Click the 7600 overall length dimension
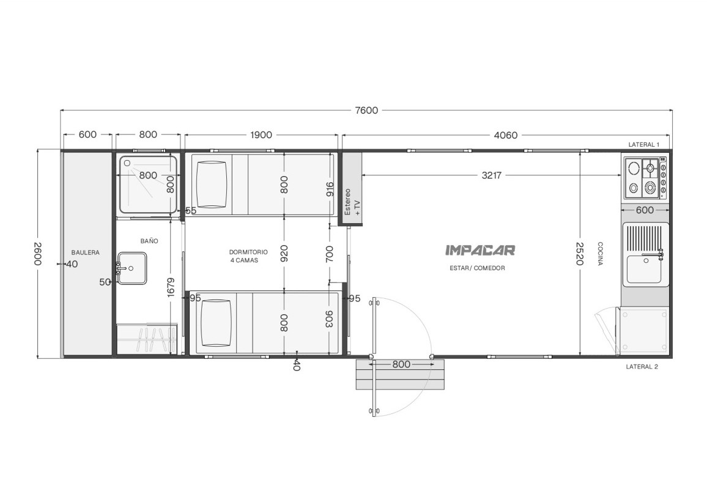click(x=366, y=111)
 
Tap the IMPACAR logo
click(x=480, y=250)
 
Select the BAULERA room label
click(x=85, y=252)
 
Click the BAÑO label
click(x=149, y=241)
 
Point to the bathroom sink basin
click(x=131, y=268)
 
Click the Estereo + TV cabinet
click(x=352, y=189)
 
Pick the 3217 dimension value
click(x=492, y=175)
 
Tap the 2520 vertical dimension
click(x=579, y=253)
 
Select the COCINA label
click(x=600, y=254)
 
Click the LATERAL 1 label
click(x=644, y=145)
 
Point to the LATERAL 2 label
click(x=642, y=367)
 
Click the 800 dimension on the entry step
click(x=401, y=364)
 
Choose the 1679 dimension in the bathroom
click(x=171, y=287)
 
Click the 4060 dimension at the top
click(x=505, y=135)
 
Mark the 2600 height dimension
click(x=38, y=254)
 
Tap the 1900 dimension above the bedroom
click(x=261, y=135)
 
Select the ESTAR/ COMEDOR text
click(x=477, y=268)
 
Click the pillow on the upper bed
click(x=211, y=185)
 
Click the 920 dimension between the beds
click(x=284, y=253)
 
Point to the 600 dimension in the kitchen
click(x=645, y=210)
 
